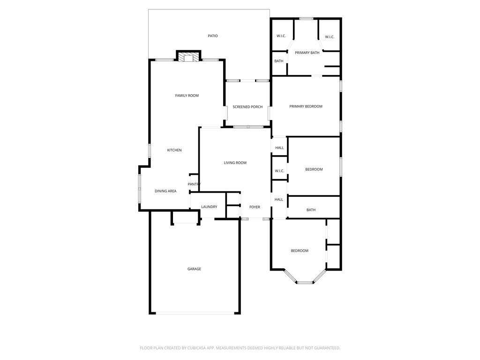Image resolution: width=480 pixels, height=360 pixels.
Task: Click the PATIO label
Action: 213,36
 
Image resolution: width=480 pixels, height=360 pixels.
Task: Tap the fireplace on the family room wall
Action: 188,58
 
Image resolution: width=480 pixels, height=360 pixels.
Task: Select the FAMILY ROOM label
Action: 187,96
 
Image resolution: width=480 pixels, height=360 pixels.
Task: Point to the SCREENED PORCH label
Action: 247,107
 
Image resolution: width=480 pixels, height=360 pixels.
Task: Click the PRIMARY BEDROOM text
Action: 306,106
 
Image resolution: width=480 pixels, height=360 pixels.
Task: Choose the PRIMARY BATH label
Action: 307,52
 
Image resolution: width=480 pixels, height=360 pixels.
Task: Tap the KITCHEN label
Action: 174,150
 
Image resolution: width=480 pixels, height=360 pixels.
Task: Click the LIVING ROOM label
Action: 235,163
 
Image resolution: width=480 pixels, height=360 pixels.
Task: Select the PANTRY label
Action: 194,184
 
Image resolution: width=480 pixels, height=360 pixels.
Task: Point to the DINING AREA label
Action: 165,191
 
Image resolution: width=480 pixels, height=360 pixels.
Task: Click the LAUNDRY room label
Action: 209,207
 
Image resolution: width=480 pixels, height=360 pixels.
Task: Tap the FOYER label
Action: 255,207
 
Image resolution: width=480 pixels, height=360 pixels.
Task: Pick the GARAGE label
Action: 194,269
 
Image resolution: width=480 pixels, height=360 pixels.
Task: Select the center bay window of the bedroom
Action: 305,282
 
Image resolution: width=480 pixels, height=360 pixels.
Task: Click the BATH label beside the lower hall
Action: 311,210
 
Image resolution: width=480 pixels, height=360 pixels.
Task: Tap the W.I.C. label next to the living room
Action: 279,171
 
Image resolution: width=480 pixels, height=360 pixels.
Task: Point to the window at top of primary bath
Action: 306,19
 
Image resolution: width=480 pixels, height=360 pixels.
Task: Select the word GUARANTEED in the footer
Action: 324,348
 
